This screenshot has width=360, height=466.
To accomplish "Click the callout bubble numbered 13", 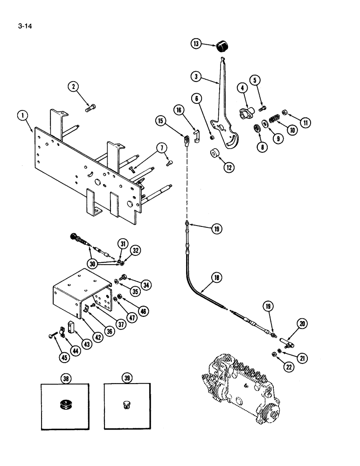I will (x=196, y=44).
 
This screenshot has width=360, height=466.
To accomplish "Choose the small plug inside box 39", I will (x=126, y=404).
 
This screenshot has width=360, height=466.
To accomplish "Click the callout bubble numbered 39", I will (x=126, y=377).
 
